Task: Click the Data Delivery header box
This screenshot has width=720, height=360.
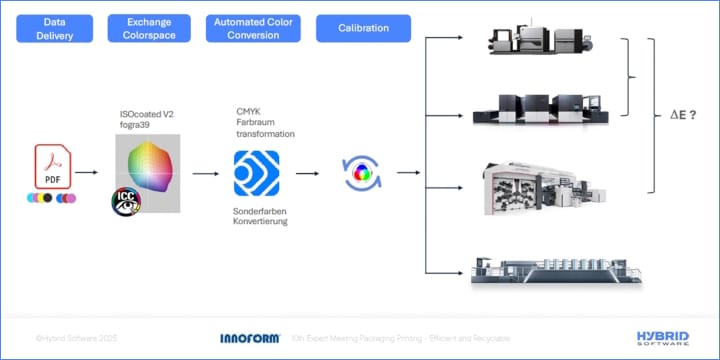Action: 55,28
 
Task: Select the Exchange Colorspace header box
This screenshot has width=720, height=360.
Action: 148,28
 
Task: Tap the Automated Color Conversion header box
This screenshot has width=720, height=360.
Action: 253,28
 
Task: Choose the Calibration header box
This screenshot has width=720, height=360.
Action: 364,28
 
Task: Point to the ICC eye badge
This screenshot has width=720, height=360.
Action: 125,200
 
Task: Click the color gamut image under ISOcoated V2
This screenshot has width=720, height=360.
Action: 148,165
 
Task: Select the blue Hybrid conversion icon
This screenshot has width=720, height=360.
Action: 256,173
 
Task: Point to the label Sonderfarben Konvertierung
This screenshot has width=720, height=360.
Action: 261,215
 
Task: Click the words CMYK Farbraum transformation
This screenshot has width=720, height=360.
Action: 264,122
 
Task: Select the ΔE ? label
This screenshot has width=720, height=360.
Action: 683,116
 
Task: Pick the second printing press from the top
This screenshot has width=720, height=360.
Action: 541,108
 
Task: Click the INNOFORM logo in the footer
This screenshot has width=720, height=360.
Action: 249,338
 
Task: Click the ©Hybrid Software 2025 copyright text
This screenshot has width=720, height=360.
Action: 76,338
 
